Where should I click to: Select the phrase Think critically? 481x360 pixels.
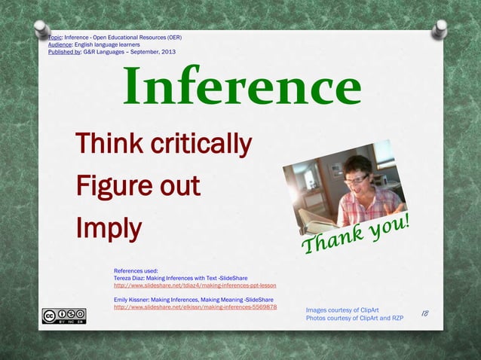click(x=163, y=142)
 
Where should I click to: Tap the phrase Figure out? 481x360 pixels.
click(x=137, y=185)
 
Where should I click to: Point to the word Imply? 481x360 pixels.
click(x=109, y=228)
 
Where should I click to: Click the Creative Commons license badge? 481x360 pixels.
click(x=63, y=316)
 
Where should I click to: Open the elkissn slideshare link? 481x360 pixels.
click(x=195, y=307)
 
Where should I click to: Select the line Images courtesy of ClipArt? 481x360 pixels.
click(x=342, y=310)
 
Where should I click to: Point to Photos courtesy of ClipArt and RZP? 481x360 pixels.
click(x=354, y=318)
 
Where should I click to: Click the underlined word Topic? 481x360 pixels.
click(x=54, y=37)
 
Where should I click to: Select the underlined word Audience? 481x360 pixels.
click(x=60, y=44)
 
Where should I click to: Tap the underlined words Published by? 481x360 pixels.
click(x=64, y=52)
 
